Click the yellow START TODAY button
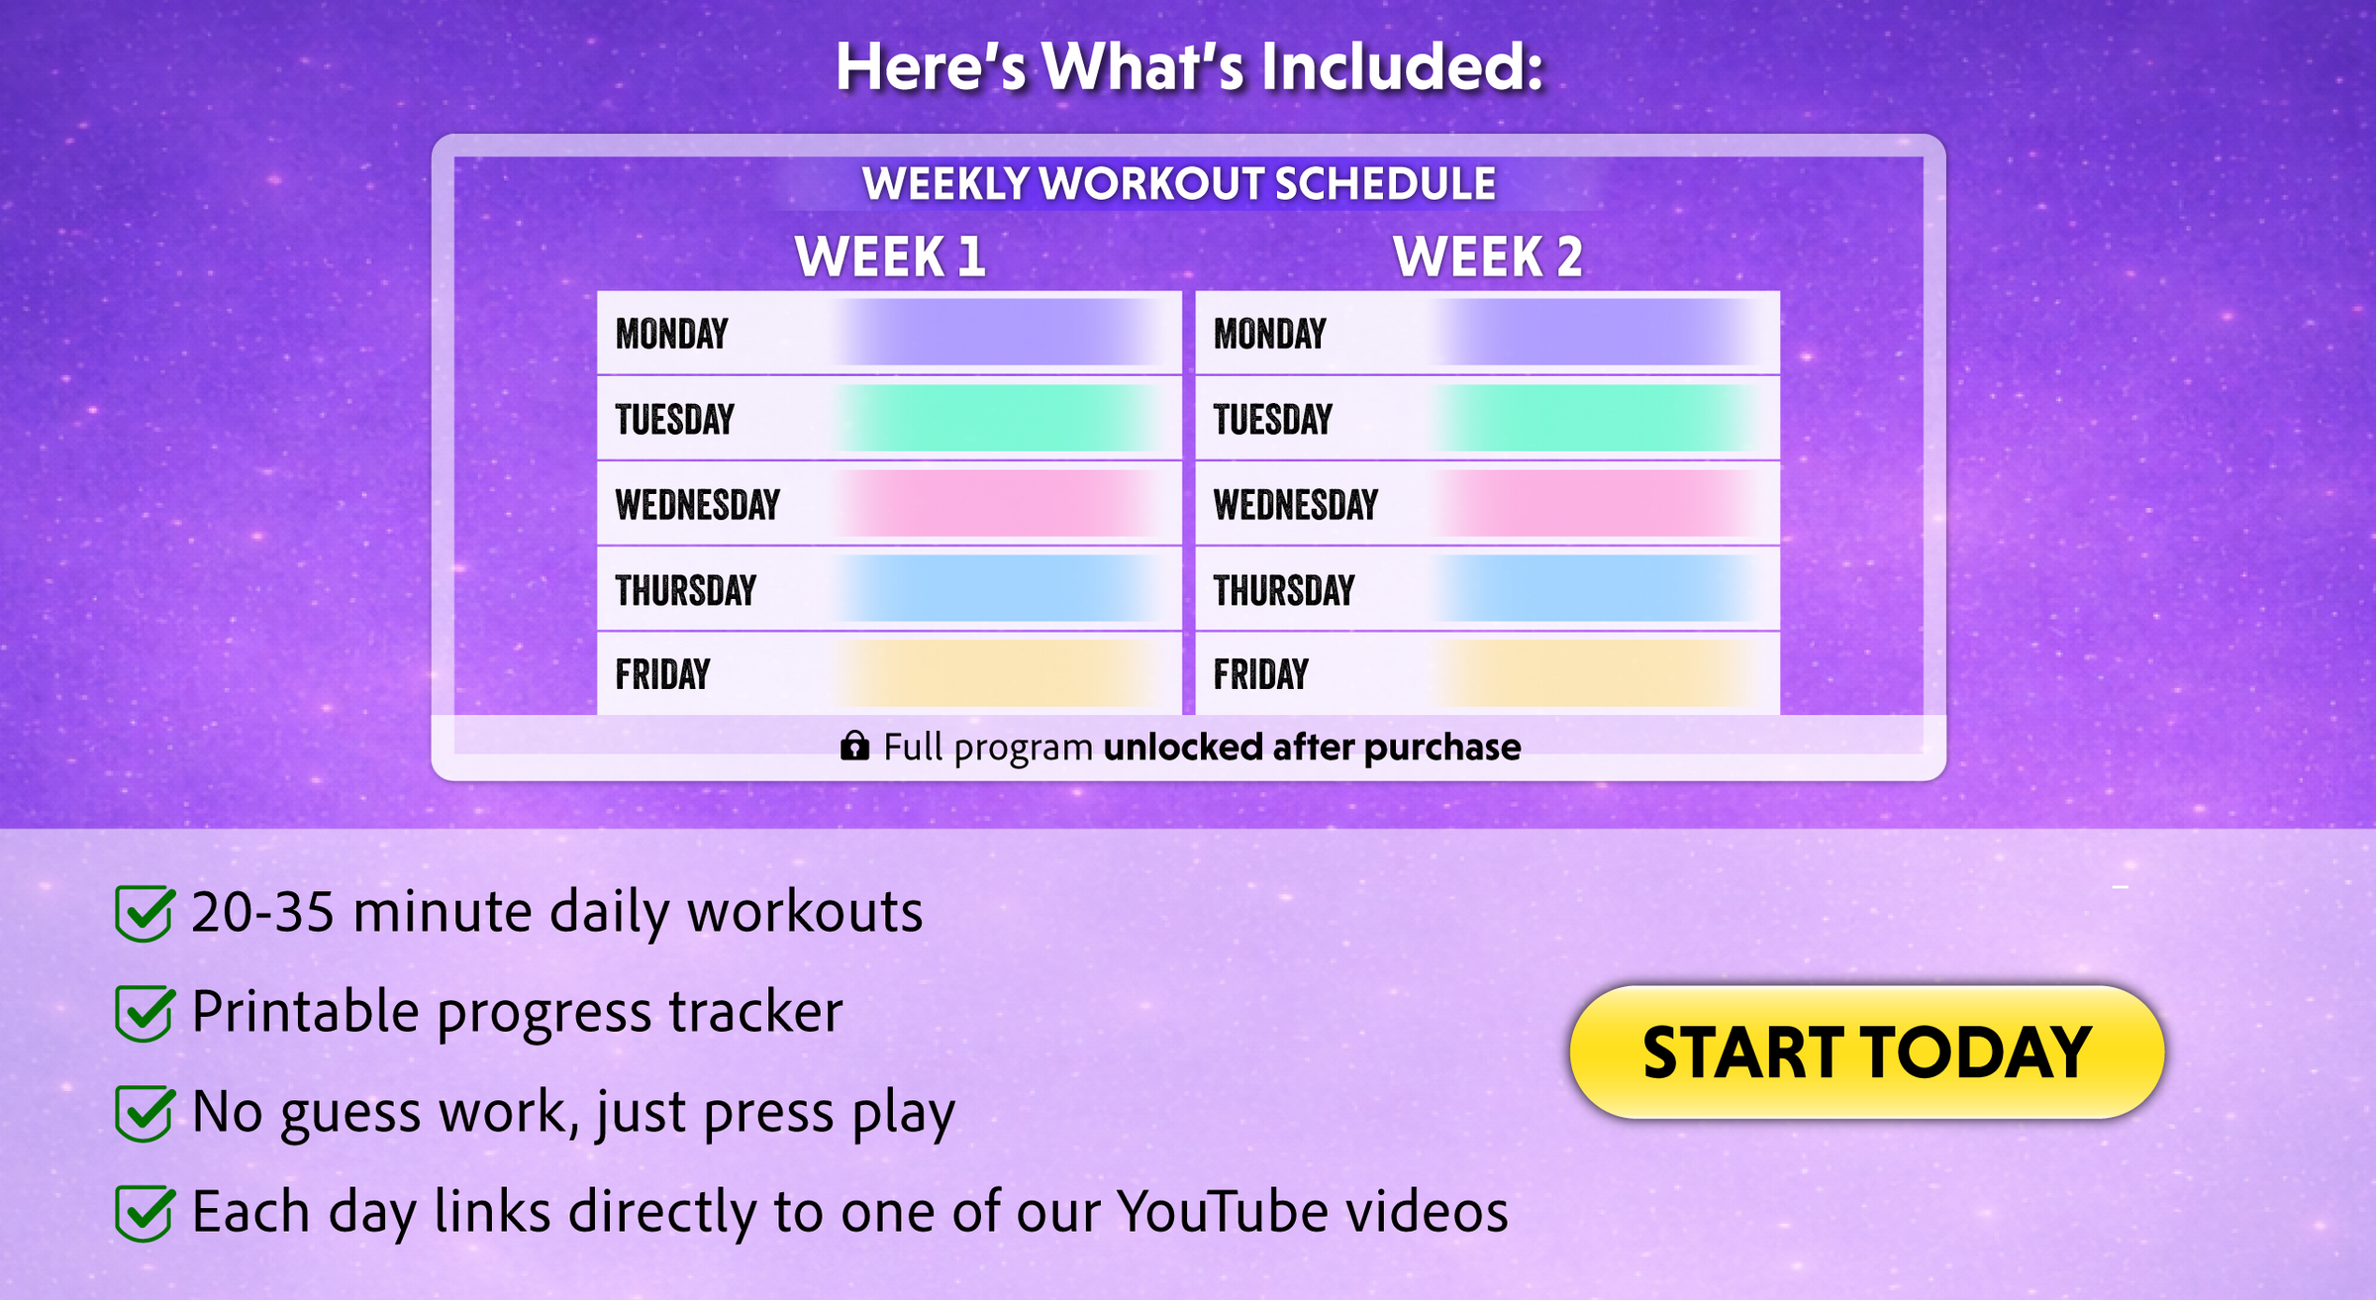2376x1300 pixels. click(1867, 1051)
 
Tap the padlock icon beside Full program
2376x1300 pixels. click(855, 746)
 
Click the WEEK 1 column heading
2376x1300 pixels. click(890, 256)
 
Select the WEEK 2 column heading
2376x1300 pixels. click(1488, 256)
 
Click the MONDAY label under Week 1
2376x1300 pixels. click(672, 334)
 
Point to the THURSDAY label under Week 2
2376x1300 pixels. click(1284, 590)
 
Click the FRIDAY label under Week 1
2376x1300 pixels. click(663, 674)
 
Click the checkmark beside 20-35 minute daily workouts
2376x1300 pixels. click(145, 912)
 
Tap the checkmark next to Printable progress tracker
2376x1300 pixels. click(145, 1012)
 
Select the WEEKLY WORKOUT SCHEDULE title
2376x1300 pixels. click(1179, 184)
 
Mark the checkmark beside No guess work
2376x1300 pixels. click(145, 1112)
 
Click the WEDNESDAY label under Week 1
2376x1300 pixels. click(698, 505)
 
